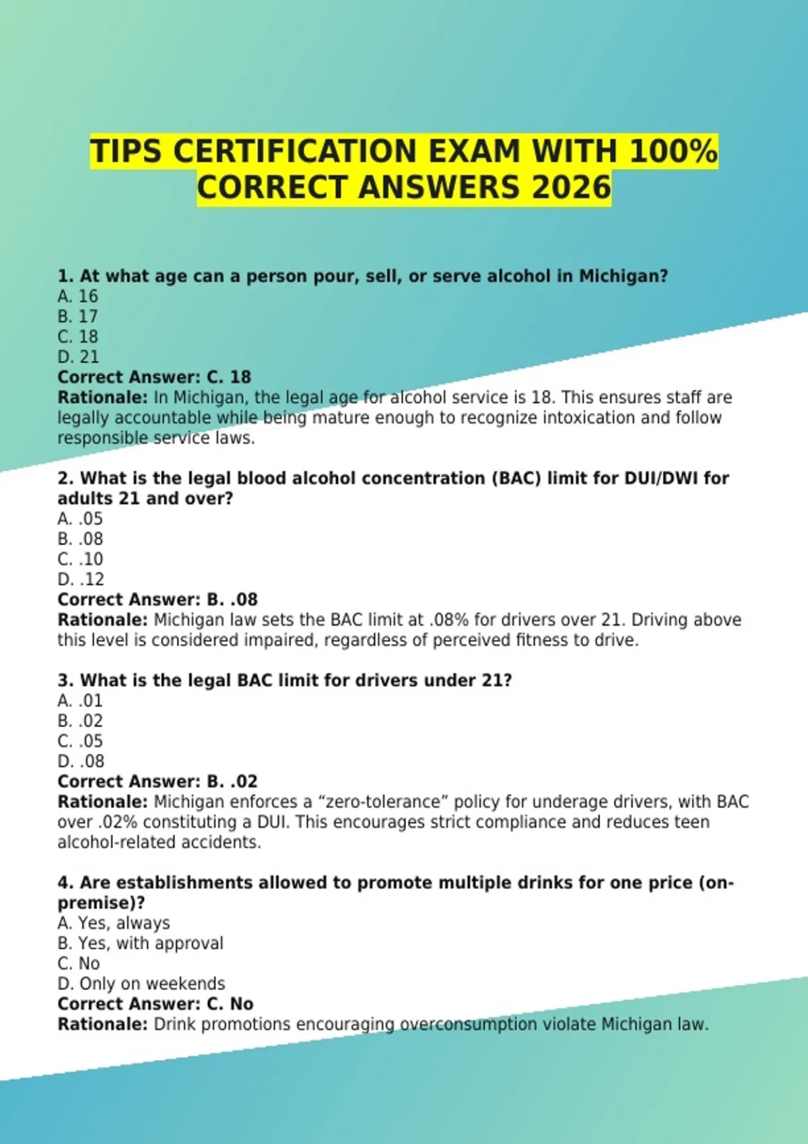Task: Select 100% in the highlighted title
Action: (x=673, y=151)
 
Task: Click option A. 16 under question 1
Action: (x=77, y=296)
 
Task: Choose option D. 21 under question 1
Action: (x=77, y=357)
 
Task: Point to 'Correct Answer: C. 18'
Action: (x=154, y=377)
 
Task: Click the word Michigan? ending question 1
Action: (x=624, y=276)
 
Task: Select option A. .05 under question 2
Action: (x=80, y=519)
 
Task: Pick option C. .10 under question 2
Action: (x=80, y=559)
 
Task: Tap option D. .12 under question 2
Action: (x=81, y=579)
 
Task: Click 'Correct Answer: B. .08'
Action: (x=158, y=600)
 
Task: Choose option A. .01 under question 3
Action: (x=80, y=701)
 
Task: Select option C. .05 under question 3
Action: (x=80, y=741)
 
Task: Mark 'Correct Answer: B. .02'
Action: (x=158, y=781)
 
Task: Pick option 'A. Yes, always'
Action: (x=114, y=923)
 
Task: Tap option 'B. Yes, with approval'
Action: (x=140, y=943)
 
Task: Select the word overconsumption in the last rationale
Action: (x=469, y=1024)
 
